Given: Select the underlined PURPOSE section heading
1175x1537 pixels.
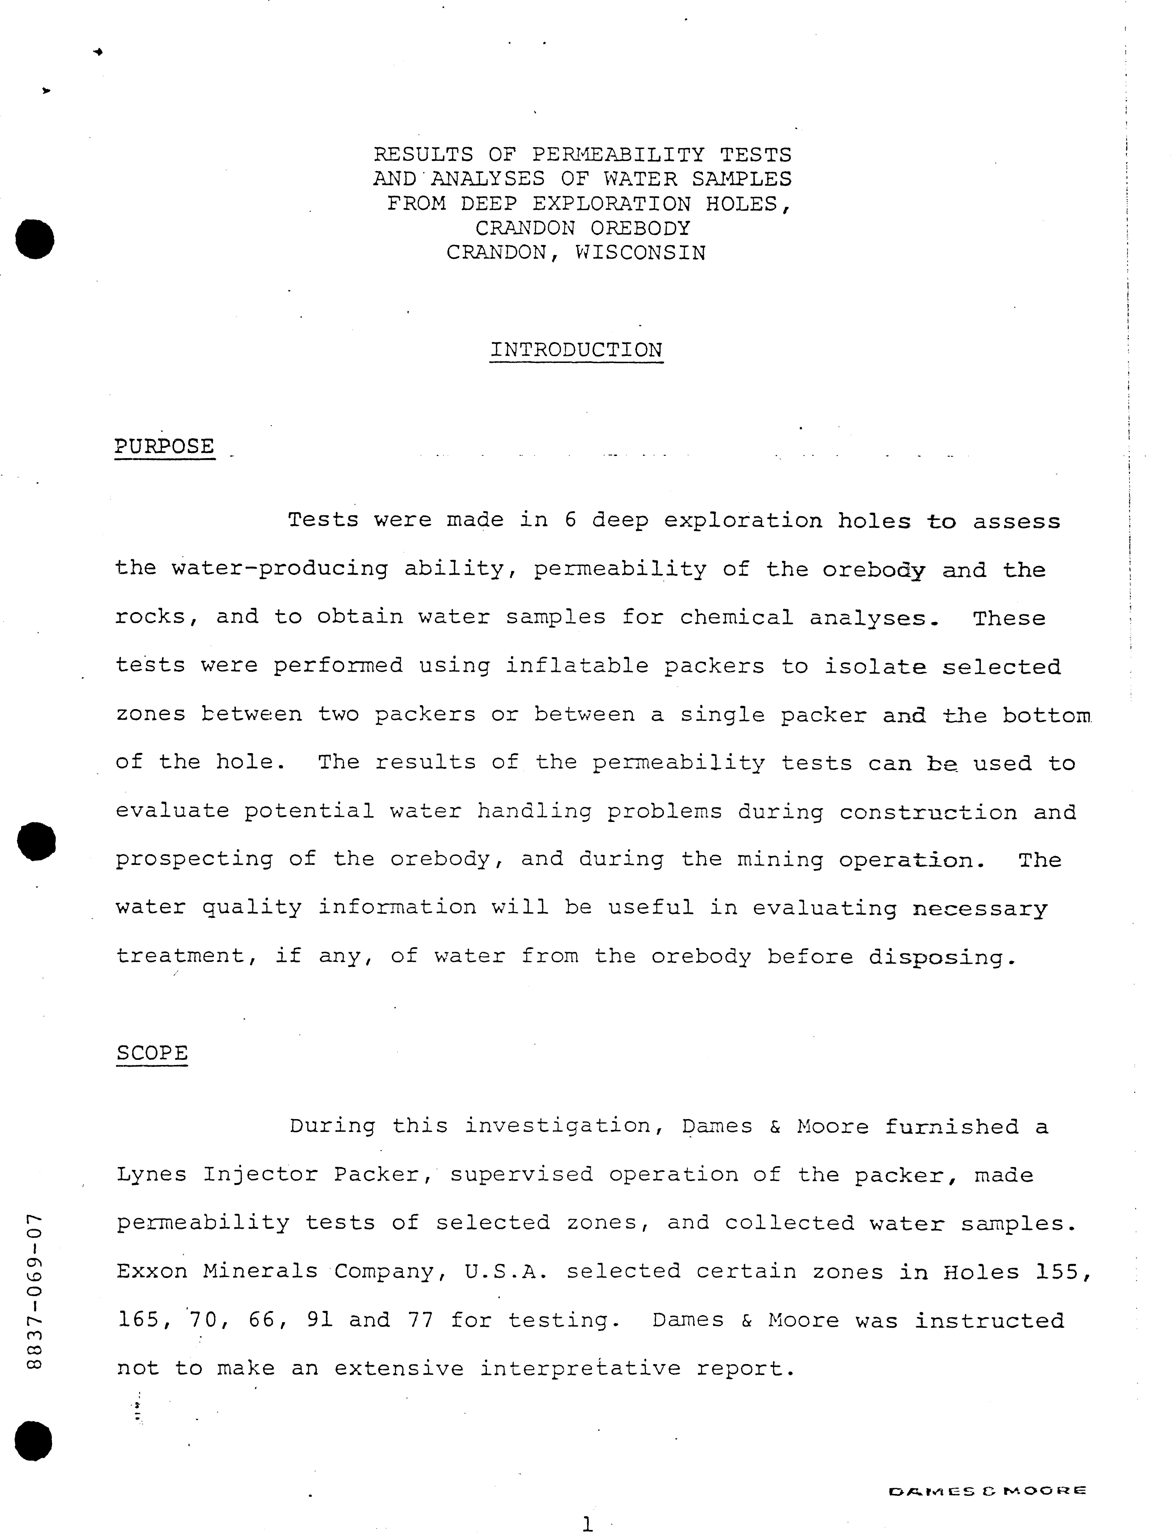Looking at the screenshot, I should tap(164, 446).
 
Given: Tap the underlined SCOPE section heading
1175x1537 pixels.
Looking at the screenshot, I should tap(153, 1053).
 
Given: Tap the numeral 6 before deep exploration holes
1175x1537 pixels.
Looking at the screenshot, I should tap(570, 520).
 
